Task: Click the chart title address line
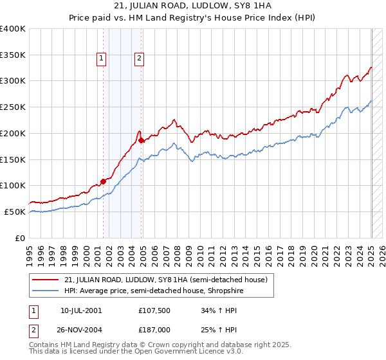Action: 192,8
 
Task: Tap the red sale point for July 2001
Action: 103,182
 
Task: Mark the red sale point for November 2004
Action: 141,139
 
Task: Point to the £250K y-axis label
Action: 13,107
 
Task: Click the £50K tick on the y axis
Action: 15,212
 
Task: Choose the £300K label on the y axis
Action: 13,81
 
